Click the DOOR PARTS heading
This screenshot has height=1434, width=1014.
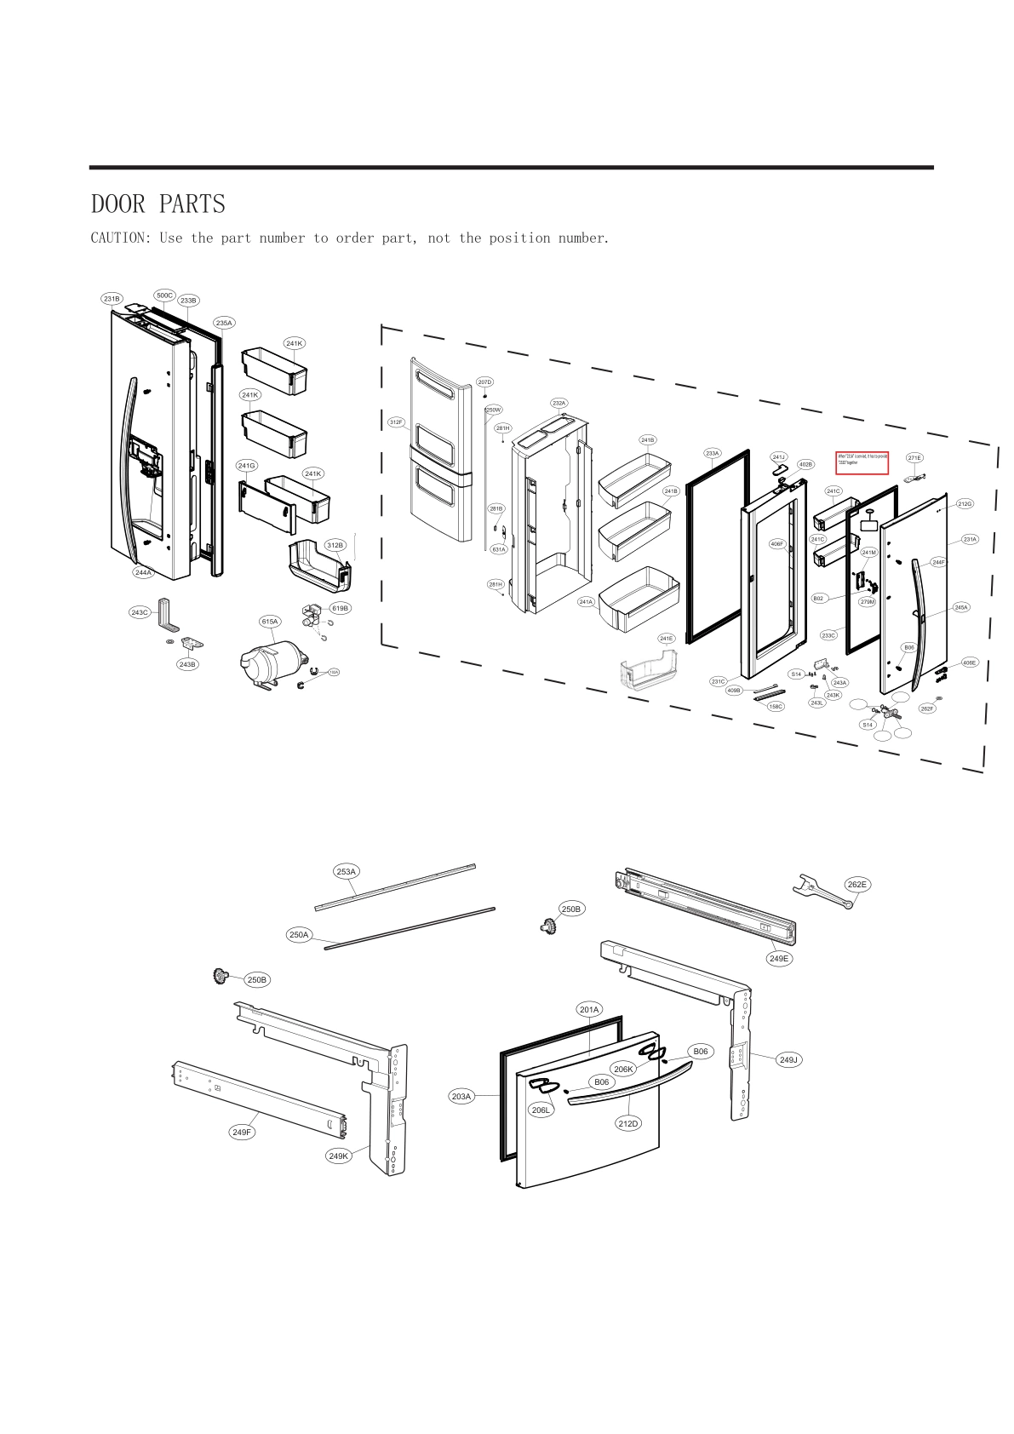pos(158,204)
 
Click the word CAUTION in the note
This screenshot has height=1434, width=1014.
pos(119,238)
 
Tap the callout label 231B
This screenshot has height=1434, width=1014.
pos(112,299)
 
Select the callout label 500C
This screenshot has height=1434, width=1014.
pos(163,295)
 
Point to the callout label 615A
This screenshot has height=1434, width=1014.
pos(269,622)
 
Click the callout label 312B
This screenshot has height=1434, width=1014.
pos(335,545)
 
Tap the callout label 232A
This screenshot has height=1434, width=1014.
pos(559,403)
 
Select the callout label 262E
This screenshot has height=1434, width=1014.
pos(857,884)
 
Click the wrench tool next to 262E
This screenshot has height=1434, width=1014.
pos(817,892)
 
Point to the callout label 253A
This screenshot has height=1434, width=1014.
pos(346,871)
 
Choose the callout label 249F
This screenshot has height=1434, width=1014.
pos(242,1132)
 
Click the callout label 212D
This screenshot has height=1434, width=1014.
pos(627,1123)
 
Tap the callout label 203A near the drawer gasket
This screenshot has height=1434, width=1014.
pos(461,1096)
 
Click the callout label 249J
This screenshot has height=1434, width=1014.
pos(788,1059)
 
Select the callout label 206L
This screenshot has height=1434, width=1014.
pos(541,1110)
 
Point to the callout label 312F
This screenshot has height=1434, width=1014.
pos(396,422)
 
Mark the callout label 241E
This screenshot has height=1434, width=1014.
pos(666,638)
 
